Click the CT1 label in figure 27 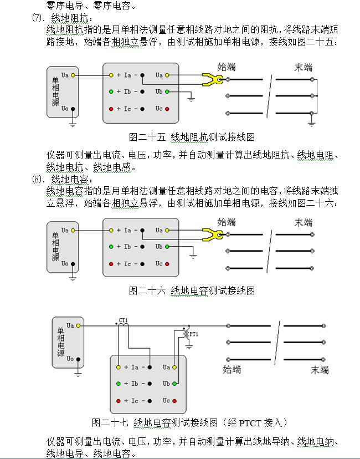123,320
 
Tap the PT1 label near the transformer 193,334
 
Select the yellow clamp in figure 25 213,79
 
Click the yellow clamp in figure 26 213,234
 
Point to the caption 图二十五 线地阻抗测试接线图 192,136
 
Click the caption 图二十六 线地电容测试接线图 192,290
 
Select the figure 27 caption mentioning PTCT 189,422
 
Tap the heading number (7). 38,18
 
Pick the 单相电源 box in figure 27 68,342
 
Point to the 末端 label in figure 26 304,222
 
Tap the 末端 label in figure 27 320,370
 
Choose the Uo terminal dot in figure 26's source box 73,264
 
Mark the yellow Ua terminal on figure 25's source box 73,75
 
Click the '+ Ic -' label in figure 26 127,264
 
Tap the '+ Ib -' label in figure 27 135,384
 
